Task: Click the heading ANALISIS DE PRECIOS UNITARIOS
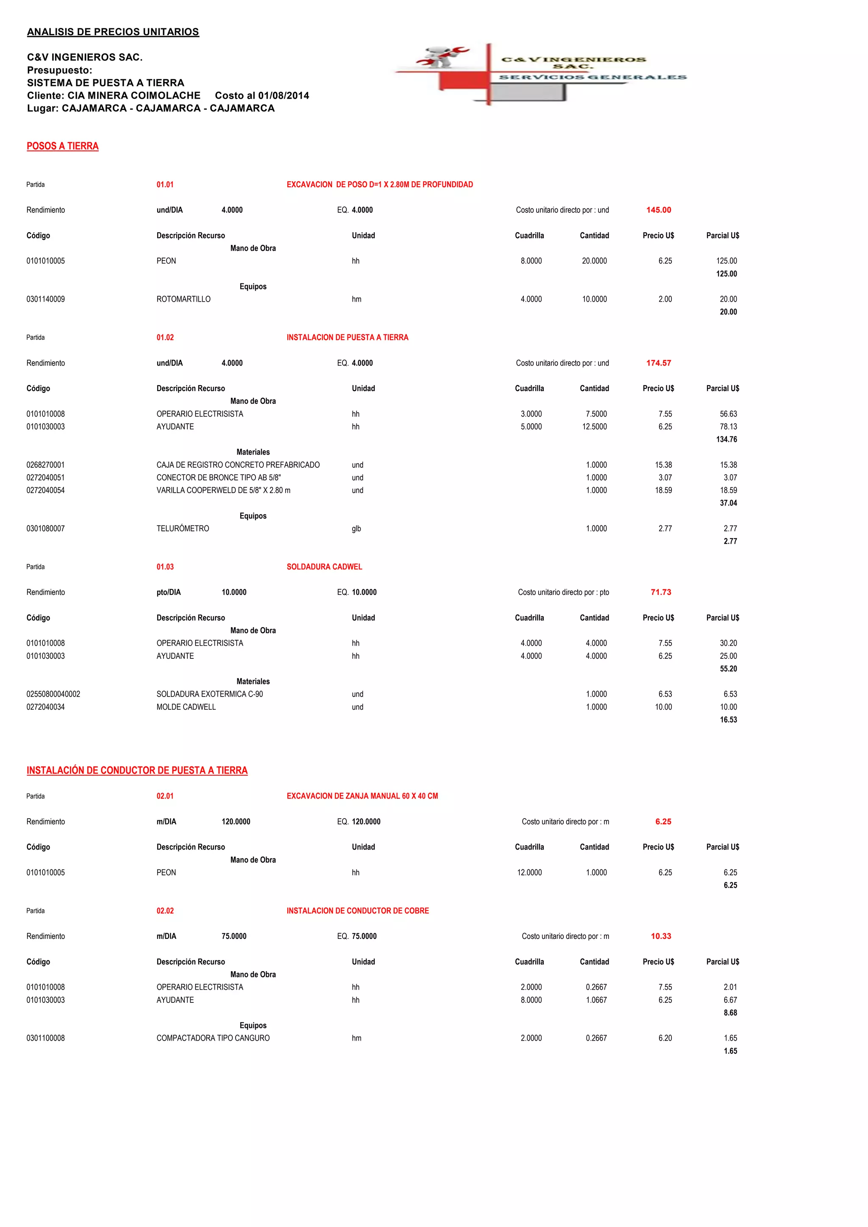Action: tap(113, 32)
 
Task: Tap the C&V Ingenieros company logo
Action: tap(540, 74)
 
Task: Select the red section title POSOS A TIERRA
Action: tap(63, 147)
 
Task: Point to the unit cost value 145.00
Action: tap(659, 210)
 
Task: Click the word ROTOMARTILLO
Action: tap(184, 299)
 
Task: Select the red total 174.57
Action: tap(659, 363)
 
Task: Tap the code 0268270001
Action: tap(45, 465)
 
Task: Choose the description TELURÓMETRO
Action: tap(183, 528)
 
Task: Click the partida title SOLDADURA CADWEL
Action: tap(324, 566)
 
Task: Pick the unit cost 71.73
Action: tap(661, 592)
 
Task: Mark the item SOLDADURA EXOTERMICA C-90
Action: tap(209, 694)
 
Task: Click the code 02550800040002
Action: tap(53, 694)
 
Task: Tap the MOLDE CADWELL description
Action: tap(186, 707)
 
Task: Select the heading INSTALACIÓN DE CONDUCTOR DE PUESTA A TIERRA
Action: tap(137, 770)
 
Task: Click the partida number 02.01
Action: tap(165, 796)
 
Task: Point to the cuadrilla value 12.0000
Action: tap(529, 873)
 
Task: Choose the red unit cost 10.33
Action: tap(661, 936)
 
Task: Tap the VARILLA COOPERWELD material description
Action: tap(223, 490)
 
